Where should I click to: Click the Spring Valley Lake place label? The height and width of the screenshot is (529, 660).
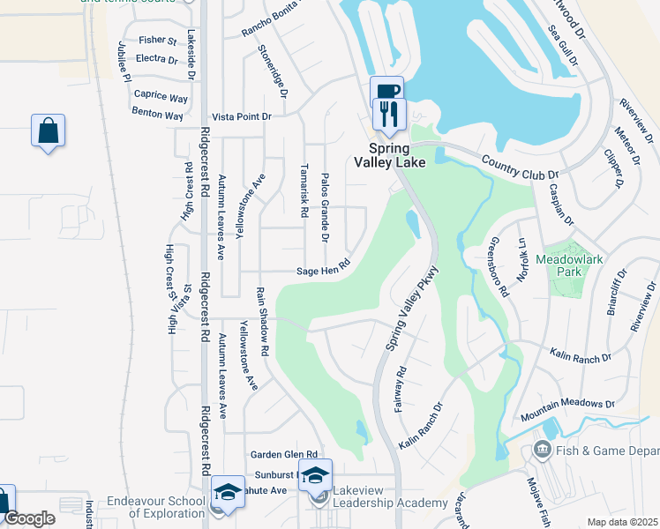click(x=389, y=155)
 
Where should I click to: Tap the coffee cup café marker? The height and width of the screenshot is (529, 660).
click(x=388, y=91)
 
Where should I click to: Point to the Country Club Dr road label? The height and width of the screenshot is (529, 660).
click(x=521, y=168)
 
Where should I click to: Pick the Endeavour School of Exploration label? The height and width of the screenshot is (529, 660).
click(x=168, y=506)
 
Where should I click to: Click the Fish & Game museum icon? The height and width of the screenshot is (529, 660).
click(x=541, y=451)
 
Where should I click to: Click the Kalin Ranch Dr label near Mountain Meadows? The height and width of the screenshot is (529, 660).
click(x=581, y=358)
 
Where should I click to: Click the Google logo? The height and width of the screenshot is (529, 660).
click(x=30, y=518)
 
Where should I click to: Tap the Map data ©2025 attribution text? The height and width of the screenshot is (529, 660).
click(x=622, y=522)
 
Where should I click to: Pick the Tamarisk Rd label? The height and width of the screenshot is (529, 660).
click(x=303, y=193)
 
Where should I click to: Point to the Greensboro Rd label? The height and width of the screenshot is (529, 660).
click(x=499, y=265)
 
